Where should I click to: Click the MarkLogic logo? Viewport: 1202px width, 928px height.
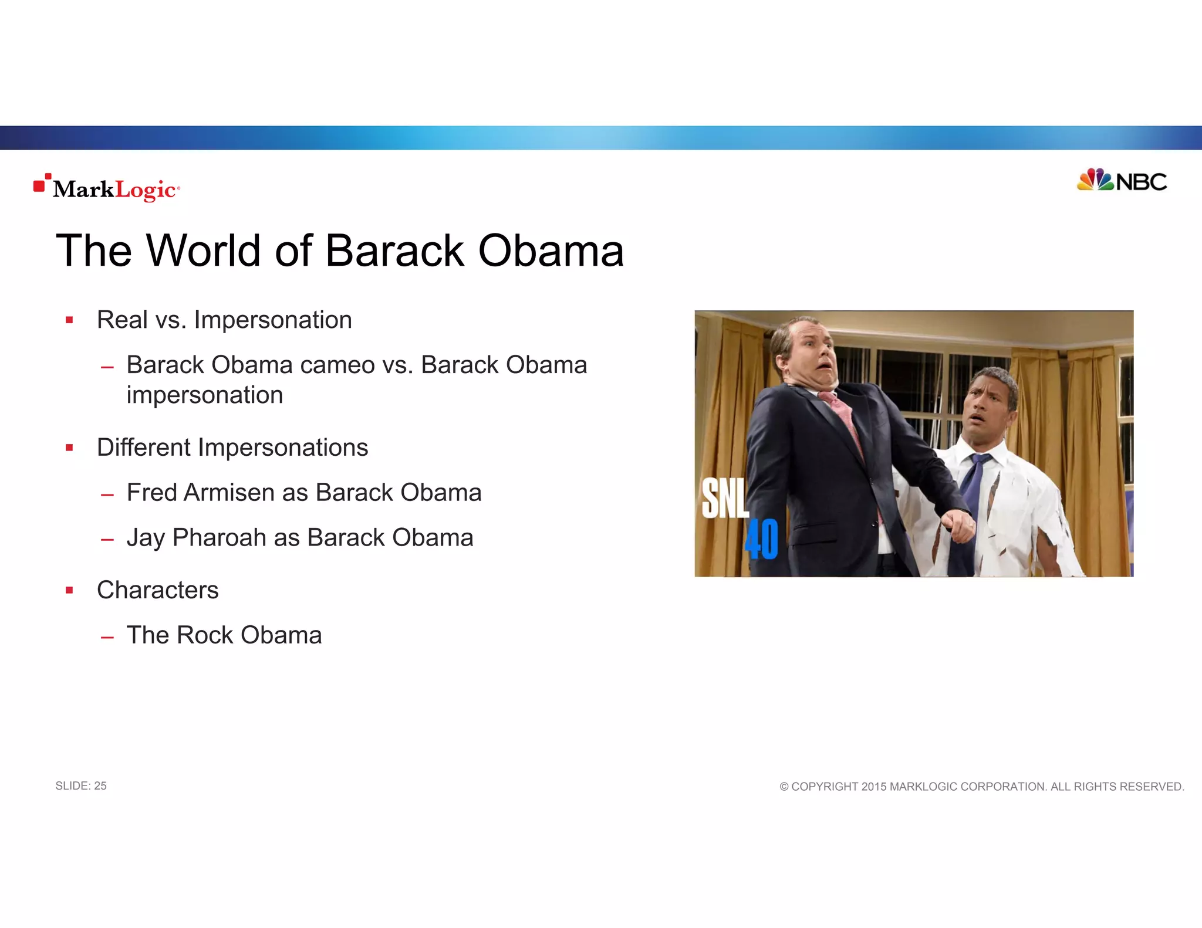coord(107,188)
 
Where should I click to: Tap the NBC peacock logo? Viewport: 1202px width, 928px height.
coord(1095,180)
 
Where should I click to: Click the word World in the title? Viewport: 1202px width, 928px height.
coord(202,251)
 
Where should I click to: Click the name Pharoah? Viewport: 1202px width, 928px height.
coord(219,538)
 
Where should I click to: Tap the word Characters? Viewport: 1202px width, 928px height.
coord(157,590)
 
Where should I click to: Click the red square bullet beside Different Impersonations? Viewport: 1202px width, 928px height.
coord(69,448)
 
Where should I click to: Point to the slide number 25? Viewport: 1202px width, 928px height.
coord(100,786)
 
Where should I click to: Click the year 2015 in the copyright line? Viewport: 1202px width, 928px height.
coord(873,787)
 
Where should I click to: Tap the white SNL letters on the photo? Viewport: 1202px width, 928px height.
coord(724,498)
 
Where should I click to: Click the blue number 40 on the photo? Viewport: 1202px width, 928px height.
coord(761,539)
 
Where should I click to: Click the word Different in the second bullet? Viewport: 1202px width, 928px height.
coord(144,448)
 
